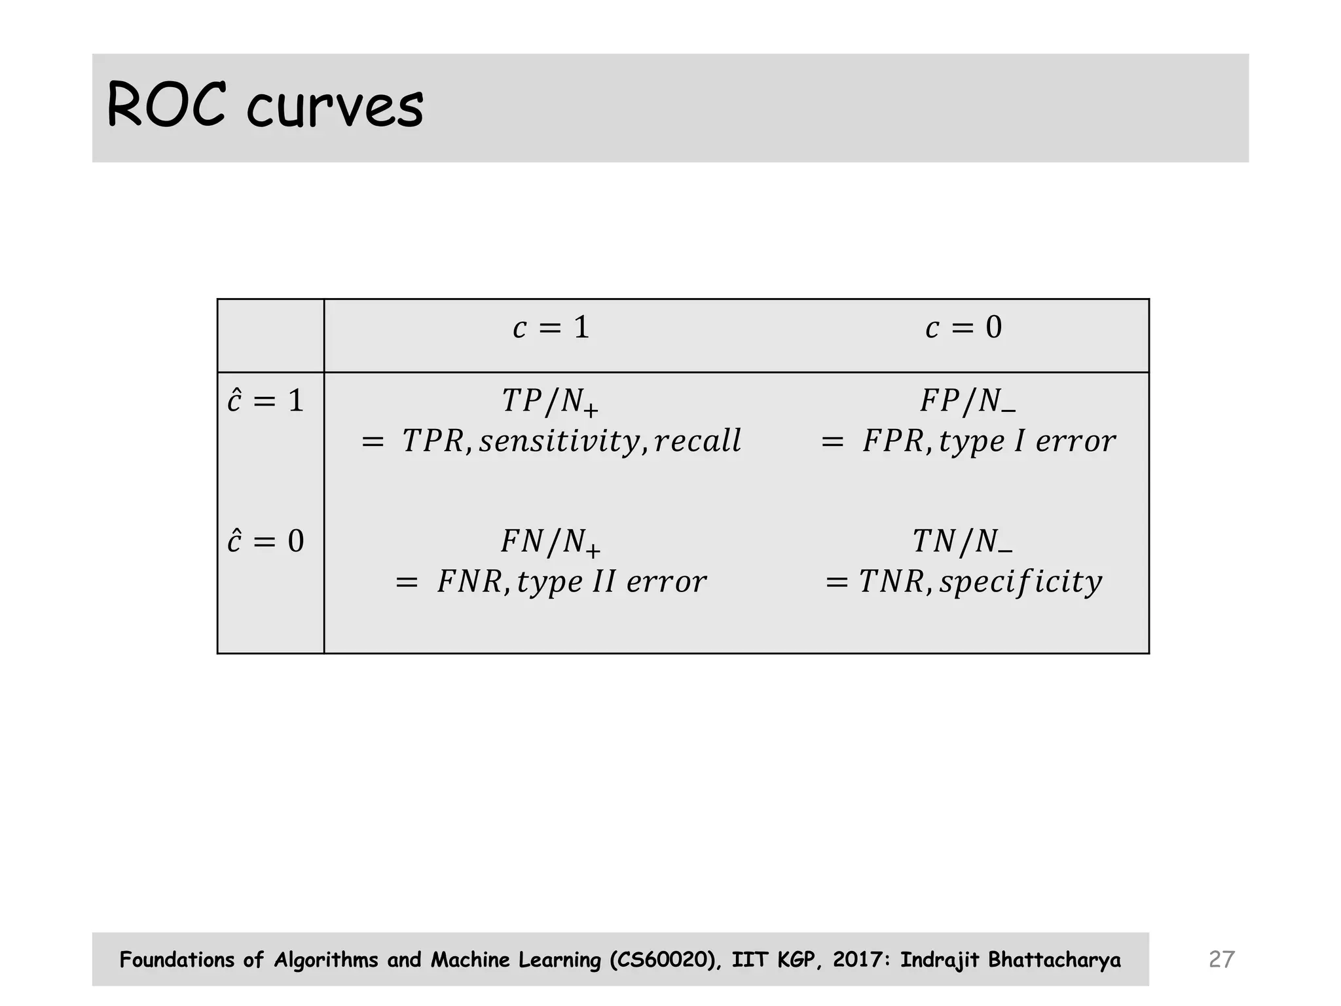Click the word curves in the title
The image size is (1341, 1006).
pyautogui.click(x=335, y=107)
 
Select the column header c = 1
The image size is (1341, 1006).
pyautogui.click(x=551, y=327)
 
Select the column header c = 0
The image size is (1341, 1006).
pyautogui.click(x=963, y=327)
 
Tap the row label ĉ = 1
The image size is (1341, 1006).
pyautogui.click(x=266, y=401)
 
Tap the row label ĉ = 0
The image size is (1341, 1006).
pyautogui.click(x=266, y=542)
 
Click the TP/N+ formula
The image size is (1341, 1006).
pyautogui.click(x=550, y=401)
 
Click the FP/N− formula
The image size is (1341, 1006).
pyautogui.click(x=967, y=401)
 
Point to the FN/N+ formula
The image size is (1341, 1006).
pyautogui.click(x=550, y=542)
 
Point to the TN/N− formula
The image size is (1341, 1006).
pyautogui.click(x=962, y=542)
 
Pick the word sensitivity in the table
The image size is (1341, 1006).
pyautogui.click(x=559, y=441)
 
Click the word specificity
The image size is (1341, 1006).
pyautogui.click(x=1020, y=582)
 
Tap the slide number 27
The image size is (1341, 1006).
pyautogui.click(x=1221, y=959)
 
